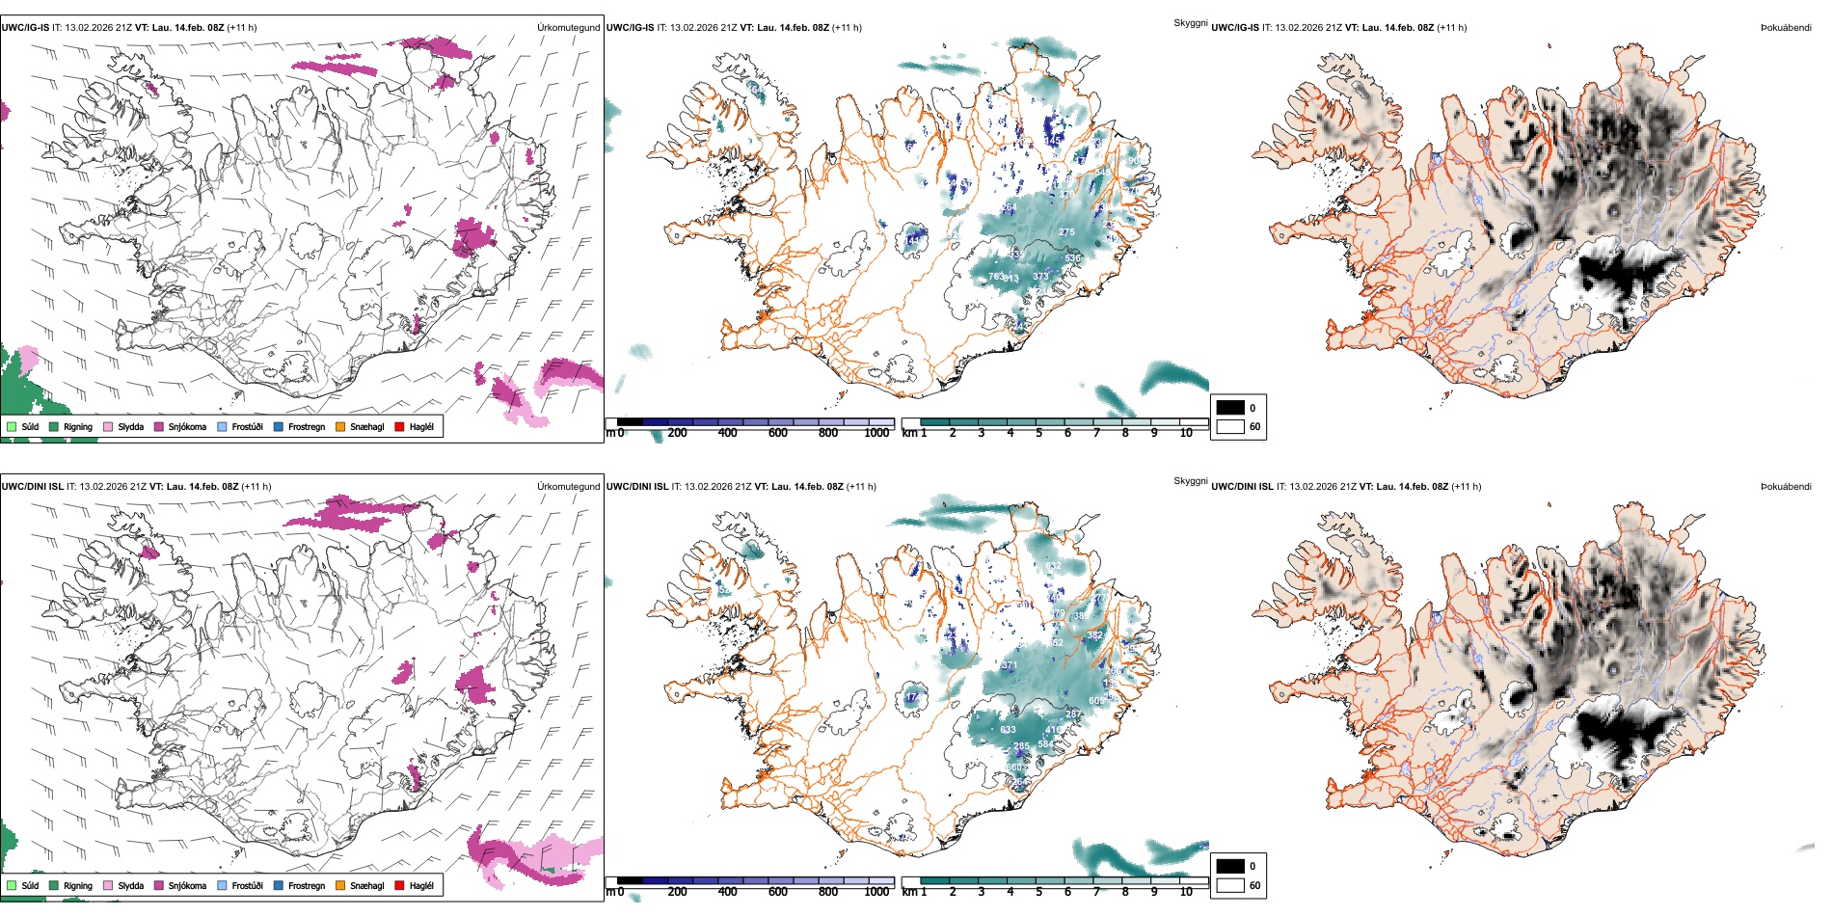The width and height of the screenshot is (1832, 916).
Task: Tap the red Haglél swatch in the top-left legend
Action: (x=399, y=426)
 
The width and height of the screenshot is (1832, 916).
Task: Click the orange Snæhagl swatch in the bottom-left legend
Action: (x=340, y=885)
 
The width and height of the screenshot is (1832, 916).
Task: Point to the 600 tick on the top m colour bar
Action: (x=777, y=433)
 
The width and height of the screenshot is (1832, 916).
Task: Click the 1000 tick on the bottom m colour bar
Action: (x=876, y=892)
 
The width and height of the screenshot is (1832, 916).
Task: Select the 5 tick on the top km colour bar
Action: (x=1038, y=433)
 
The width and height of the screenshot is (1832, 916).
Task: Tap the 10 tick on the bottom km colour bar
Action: (x=1186, y=892)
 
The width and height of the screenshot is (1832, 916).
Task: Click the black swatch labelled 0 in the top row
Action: (x=1230, y=408)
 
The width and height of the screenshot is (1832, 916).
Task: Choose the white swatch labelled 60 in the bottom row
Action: (x=1230, y=885)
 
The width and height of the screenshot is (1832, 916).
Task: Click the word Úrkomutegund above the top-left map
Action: (x=568, y=28)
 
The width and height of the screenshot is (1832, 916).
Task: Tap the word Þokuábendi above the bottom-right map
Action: (x=1786, y=487)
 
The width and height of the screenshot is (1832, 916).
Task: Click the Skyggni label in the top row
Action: (x=1190, y=22)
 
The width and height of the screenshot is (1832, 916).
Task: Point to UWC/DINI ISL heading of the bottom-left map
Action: (x=32, y=487)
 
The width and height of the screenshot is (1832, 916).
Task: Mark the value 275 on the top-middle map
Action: (x=1066, y=232)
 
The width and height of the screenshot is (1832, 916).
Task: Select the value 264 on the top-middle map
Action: (x=1009, y=207)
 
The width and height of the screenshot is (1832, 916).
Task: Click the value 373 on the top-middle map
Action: (x=1040, y=277)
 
